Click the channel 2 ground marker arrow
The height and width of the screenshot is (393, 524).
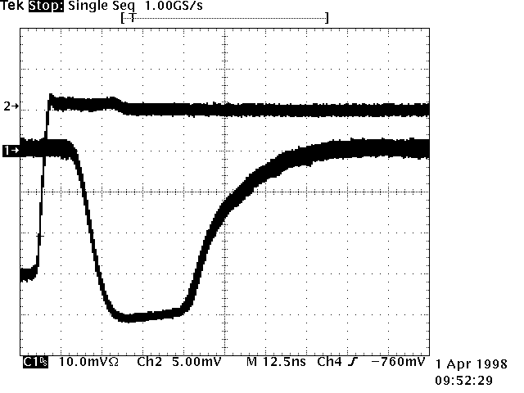[12, 106]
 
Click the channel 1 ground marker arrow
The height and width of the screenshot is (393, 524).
[11, 151]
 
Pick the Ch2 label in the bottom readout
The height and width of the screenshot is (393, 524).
[150, 362]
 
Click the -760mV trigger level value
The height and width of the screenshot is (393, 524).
[398, 362]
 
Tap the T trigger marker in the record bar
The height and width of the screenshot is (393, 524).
[132, 16]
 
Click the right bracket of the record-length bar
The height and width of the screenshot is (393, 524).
[326, 16]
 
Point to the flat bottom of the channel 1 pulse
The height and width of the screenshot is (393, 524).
[147, 315]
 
